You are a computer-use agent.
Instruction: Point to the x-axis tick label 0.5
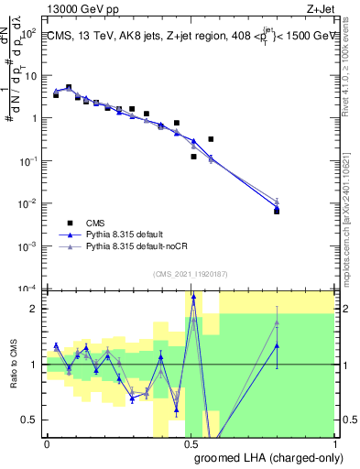tap(191, 442)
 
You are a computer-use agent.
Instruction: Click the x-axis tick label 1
tap(334, 442)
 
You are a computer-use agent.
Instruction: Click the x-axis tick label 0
tap(47, 442)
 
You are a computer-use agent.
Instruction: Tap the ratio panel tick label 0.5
tap(30, 420)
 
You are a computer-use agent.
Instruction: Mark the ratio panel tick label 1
tap(35, 365)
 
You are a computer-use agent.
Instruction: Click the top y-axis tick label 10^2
tap(29, 33)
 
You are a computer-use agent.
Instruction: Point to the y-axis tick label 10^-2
tap(28, 203)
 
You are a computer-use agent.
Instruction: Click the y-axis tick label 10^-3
tap(28, 245)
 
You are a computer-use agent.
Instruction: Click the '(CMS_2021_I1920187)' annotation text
tap(191, 272)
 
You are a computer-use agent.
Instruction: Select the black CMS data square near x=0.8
tap(277, 211)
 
